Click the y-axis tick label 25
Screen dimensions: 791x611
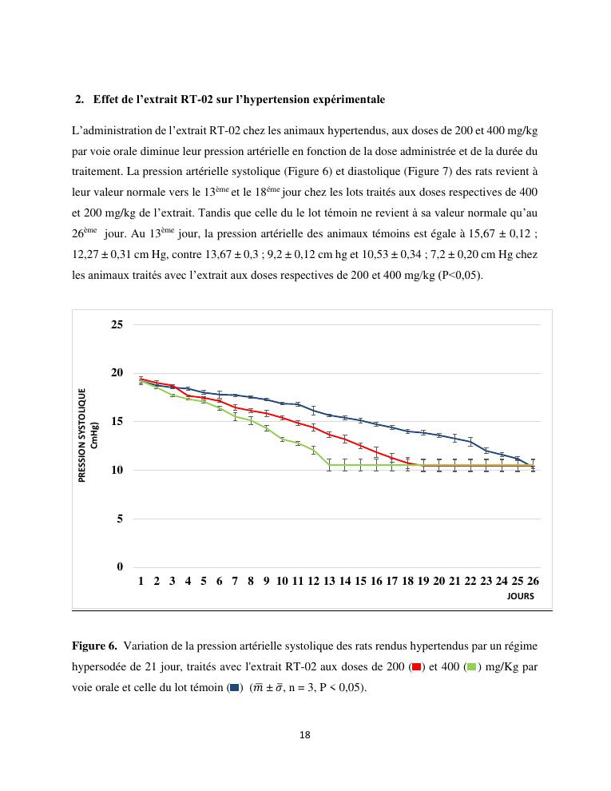click(x=117, y=325)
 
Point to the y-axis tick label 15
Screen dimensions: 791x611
click(x=117, y=422)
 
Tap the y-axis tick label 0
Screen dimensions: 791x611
click(x=119, y=567)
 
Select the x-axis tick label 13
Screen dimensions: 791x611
click(x=329, y=582)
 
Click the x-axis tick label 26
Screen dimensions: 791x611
click(x=533, y=582)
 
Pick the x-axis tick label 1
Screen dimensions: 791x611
click(x=141, y=582)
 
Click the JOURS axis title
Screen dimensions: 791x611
click(x=520, y=596)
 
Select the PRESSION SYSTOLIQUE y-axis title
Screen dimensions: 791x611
click(x=82, y=435)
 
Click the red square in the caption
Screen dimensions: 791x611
click(x=417, y=666)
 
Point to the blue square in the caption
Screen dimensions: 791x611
click(x=235, y=687)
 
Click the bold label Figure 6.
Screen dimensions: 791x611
click(x=94, y=646)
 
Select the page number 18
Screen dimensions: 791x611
click(x=305, y=735)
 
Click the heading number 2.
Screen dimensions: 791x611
click(x=79, y=100)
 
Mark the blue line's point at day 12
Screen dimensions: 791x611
click(x=313, y=411)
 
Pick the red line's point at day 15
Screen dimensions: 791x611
click(x=360, y=446)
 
